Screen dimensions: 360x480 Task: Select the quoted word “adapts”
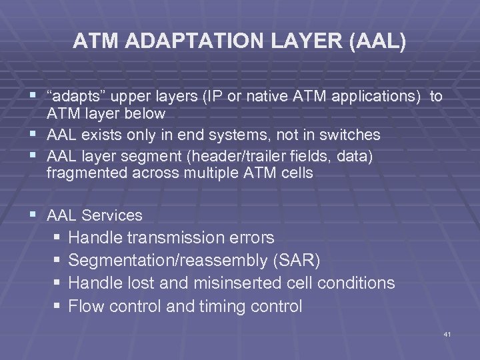pos(73,97)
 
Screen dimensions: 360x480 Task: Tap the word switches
pos(351,135)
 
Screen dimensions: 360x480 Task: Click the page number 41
pos(447,333)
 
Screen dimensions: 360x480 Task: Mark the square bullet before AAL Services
pos(34,215)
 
